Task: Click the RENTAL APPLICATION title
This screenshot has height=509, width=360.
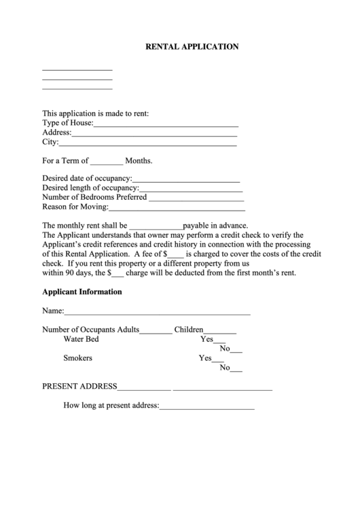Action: [x=192, y=47]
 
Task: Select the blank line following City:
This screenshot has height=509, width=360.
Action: [x=148, y=144]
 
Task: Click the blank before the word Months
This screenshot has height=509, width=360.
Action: [x=107, y=163]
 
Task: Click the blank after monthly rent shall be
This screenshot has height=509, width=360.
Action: [x=156, y=227]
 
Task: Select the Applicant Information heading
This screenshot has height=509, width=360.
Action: [x=82, y=292]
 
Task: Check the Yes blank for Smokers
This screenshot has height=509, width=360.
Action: [x=218, y=359]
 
